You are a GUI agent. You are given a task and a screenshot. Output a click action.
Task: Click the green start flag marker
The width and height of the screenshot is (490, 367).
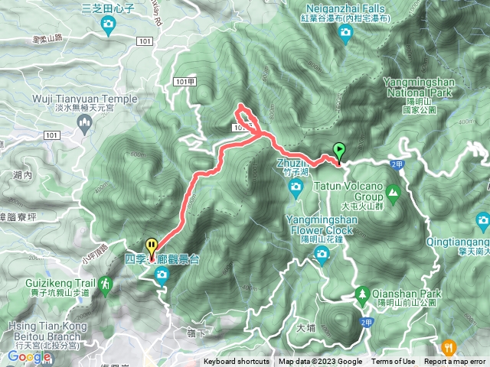click(x=339, y=151)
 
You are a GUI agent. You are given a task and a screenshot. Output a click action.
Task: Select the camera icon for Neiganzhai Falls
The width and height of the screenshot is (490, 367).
click(x=345, y=32)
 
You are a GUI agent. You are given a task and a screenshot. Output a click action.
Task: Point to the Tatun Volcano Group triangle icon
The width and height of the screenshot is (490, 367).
click(x=394, y=190)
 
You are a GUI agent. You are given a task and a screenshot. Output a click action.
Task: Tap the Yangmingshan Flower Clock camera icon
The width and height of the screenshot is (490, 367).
click(x=322, y=252)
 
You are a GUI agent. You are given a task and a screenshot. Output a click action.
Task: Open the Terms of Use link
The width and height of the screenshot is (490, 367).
click(x=394, y=362)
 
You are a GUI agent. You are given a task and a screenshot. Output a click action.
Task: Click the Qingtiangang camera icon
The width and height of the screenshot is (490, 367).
click(x=482, y=222)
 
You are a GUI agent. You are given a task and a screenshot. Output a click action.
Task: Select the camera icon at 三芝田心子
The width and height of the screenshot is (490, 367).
click(x=109, y=25)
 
